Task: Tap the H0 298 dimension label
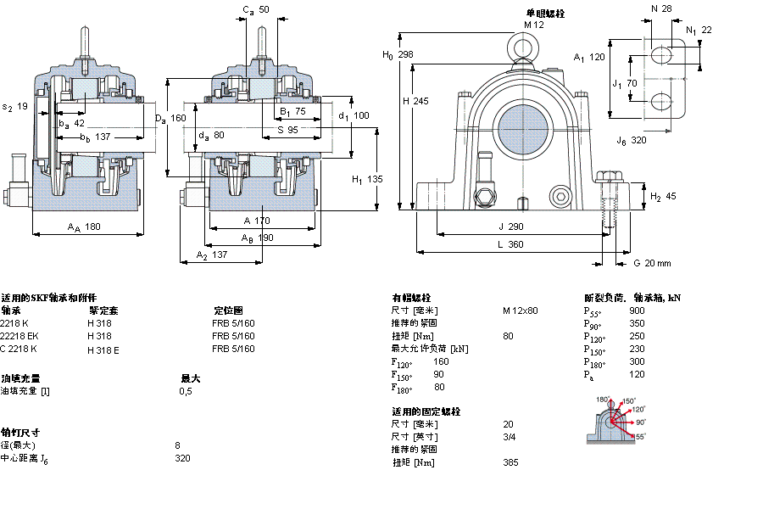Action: tap(398, 54)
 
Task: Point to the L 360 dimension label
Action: tap(510, 244)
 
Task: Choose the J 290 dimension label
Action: tap(511, 227)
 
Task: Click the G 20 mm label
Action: tap(652, 263)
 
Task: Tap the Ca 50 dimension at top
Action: tap(256, 10)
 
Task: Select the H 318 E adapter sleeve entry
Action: tap(103, 349)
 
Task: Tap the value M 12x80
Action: tap(520, 310)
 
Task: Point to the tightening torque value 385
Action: tap(510, 462)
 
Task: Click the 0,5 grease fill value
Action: tap(186, 391)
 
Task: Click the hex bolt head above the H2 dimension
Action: tap(608, 177)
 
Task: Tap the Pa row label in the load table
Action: tap(588, 374)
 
